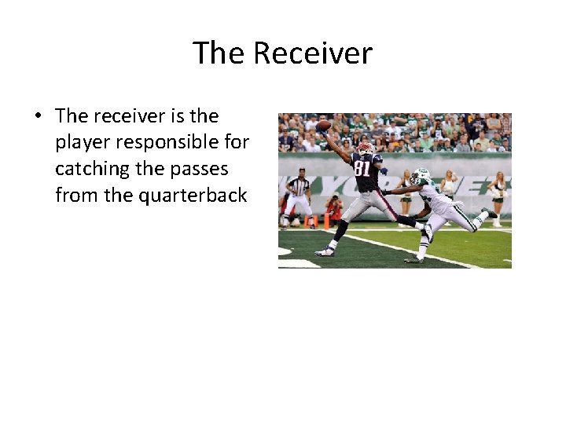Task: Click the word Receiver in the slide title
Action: pos(313,53)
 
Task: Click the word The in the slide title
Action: pos(219,53)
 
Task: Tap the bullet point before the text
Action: pos(37,116)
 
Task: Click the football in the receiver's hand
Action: pos(323,125)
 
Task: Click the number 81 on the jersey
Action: pos(362,167)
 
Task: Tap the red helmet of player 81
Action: pos(366,148)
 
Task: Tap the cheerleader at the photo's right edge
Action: pos(498,196)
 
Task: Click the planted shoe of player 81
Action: pos(325,252)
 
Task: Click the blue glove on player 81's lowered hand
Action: pos(383,170)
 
